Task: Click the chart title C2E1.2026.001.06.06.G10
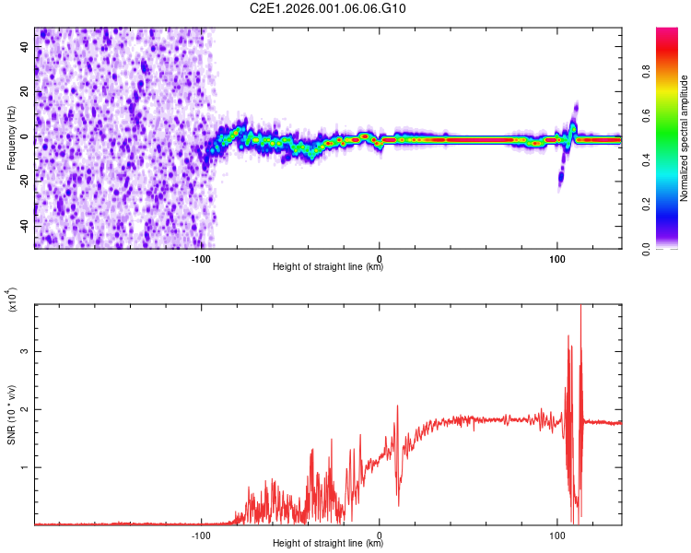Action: (x=328, y=8)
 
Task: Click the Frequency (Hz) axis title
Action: (x=11, y=138)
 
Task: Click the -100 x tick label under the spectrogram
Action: (x=201, y=257)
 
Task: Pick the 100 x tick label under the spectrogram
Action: (x=556, y=257)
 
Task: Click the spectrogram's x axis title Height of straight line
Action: (x=328, y=267)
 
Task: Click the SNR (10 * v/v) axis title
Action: (x=11, y=415)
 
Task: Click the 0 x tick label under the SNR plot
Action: (x=380, y=534)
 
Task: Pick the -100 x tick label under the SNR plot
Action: (x=201, y=534)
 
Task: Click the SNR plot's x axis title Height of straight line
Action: (x=328, y=544)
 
